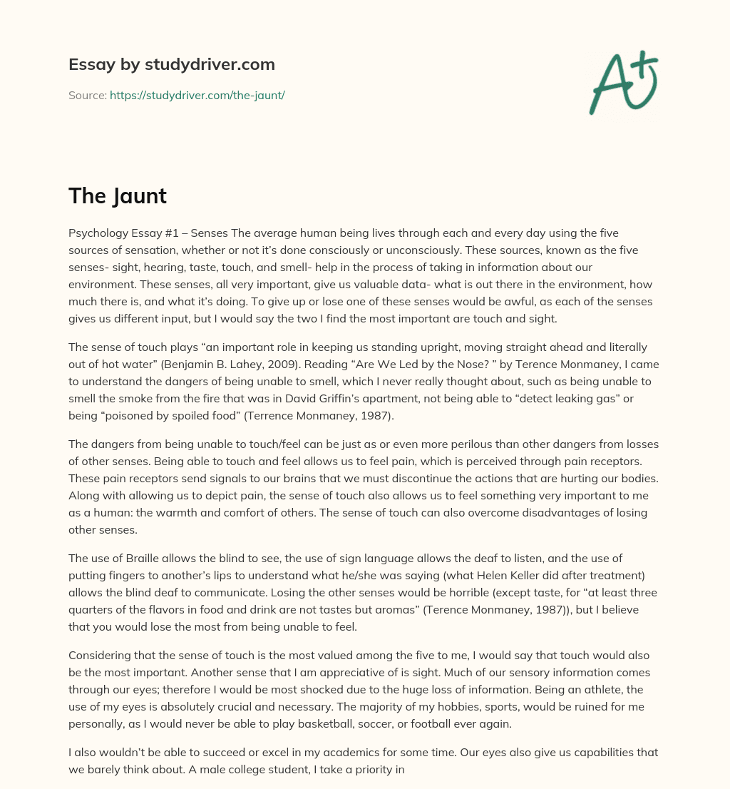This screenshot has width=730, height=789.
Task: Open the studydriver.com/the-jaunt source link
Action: click(x=197, y=95)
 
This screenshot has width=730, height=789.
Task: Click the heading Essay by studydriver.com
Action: click(x=171, y=64)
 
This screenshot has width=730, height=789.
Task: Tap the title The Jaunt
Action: click(x=118, y=195)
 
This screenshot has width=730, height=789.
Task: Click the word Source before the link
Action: click(x=86, y=95)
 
